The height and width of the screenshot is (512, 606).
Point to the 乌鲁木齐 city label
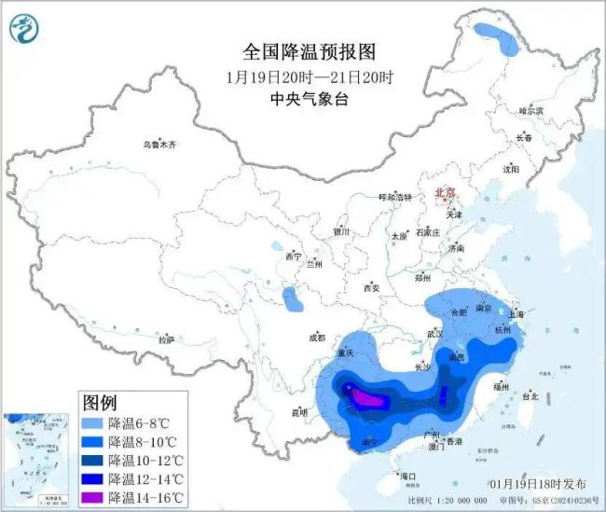point(158,145)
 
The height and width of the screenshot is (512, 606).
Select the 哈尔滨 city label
point(530,110)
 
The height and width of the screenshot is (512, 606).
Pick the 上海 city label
point(518,315)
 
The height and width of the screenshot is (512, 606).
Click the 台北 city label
point(529,395)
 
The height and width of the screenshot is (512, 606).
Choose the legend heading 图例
point(99,403)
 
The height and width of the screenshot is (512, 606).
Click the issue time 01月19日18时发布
point(539,483)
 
